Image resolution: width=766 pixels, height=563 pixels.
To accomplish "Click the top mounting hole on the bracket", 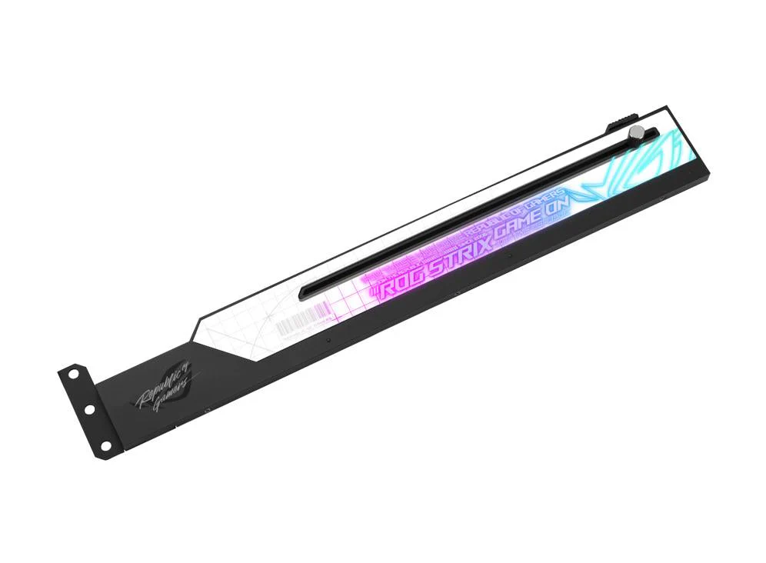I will (x=74, y=375).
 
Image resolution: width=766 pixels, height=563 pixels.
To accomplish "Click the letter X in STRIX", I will (x=478, y=245).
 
